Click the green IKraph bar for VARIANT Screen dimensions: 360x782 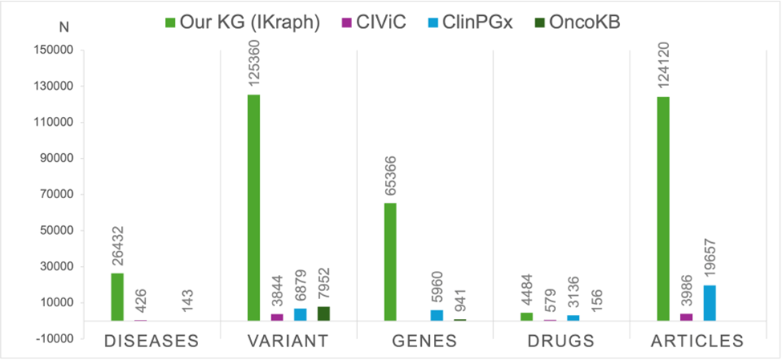point(253,208)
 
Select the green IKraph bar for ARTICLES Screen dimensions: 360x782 point(662,208)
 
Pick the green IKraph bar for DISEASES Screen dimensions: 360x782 point(117,297)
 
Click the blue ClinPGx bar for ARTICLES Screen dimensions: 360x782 point(709,303)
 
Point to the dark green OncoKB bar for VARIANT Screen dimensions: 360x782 point(323,313)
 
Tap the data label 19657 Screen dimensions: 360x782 point(710,257)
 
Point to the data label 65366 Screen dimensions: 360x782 point(391,175)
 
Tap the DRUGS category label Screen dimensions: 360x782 point(561,341)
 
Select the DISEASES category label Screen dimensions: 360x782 point(152,341)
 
